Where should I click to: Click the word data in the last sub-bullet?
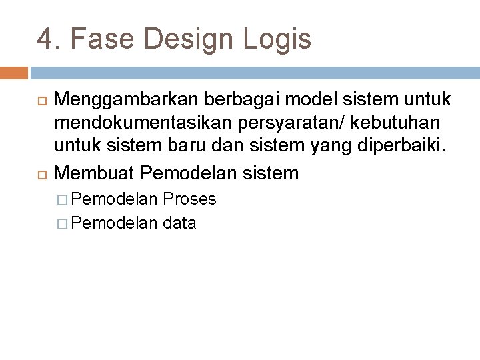tap(179, 223)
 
